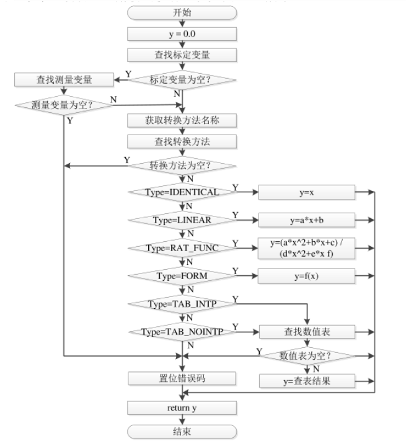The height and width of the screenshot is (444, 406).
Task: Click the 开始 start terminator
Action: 182,13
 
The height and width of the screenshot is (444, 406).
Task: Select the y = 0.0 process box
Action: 182,34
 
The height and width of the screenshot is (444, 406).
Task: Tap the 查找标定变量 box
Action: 182,55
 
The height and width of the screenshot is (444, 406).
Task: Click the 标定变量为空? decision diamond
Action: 182,79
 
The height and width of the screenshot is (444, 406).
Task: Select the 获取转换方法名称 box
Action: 182,120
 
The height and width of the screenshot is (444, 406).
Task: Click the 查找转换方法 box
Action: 182,141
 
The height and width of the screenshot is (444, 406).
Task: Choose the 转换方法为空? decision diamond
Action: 182,166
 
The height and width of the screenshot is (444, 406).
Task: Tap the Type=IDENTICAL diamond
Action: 182,192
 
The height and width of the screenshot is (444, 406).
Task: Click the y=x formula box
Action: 306,192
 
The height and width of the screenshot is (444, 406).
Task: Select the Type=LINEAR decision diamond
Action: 182,220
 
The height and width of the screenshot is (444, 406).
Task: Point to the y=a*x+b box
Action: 306,220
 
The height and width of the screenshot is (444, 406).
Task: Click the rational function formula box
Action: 306,247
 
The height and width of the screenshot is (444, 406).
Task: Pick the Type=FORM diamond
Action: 182,274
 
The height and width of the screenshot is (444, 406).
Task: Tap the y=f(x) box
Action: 306,274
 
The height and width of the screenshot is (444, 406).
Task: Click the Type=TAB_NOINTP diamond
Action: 182,332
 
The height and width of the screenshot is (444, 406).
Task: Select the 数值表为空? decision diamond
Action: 306,356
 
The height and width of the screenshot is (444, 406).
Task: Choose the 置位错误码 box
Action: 182,378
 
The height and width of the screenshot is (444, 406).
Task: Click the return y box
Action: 182,408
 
